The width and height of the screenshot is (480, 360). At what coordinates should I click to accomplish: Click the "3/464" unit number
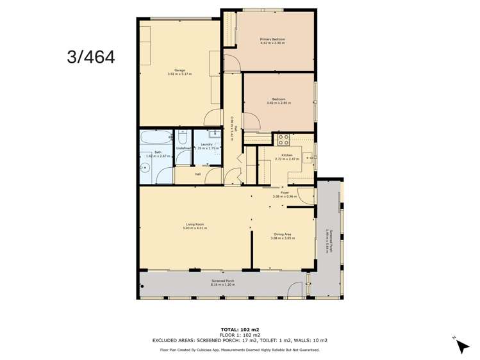[x=91, y=57]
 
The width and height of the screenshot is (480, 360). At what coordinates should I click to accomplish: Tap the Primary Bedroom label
[x=272, y=42]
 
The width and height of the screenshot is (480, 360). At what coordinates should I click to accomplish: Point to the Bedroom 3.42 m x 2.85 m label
[x=278, y=101]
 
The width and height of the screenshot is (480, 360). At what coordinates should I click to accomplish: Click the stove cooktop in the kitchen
[x=283, y=139]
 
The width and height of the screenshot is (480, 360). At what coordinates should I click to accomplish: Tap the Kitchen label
[x=283, y=157]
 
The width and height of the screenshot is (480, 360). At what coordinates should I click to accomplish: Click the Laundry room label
[x=206, y=146]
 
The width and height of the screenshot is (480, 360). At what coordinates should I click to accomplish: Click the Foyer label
[x=285, y=194]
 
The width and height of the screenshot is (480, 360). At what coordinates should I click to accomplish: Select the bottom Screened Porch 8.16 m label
[x=223, y=282]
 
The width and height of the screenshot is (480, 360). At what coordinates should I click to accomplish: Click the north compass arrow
[x=461, y=345]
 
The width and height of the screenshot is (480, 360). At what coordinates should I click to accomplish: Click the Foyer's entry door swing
[x=306, y=196]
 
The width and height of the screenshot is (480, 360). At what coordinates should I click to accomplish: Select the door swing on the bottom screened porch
[x=294, y=290]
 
